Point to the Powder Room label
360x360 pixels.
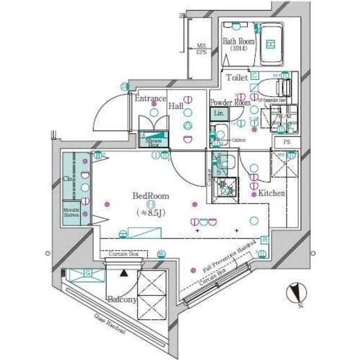tap(229, 102)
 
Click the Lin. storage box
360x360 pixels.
tap(219, 113)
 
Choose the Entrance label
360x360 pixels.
tap(150, 98)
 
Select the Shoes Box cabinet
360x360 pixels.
tap(150, 141)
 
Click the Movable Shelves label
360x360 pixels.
tap(71, 212)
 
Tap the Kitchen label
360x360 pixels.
tap(271, 193)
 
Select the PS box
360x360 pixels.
tap(286, 142)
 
